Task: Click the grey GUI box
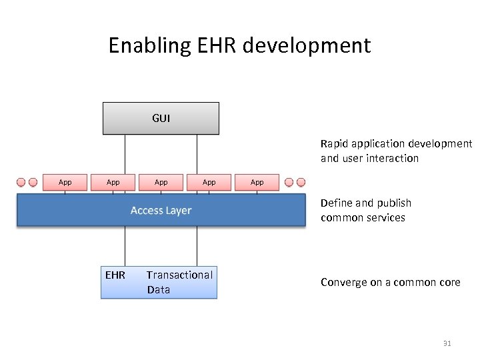tap(161, 118)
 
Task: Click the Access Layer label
tap(161, 211)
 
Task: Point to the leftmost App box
tap(65, 182)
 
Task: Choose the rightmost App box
tap(257, 182)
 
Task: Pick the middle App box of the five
tap(161, 182)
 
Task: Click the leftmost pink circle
tap(21, 182)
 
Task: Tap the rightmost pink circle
tap(301, 182)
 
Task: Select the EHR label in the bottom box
tap(115, 275)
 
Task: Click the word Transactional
tap(179, 275)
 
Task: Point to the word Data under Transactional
tap(159, 290)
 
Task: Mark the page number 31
tap(447, 344)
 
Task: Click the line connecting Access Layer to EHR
tap(124, 247)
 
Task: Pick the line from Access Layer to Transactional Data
tap(197, 247)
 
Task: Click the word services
tap(386, 218)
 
